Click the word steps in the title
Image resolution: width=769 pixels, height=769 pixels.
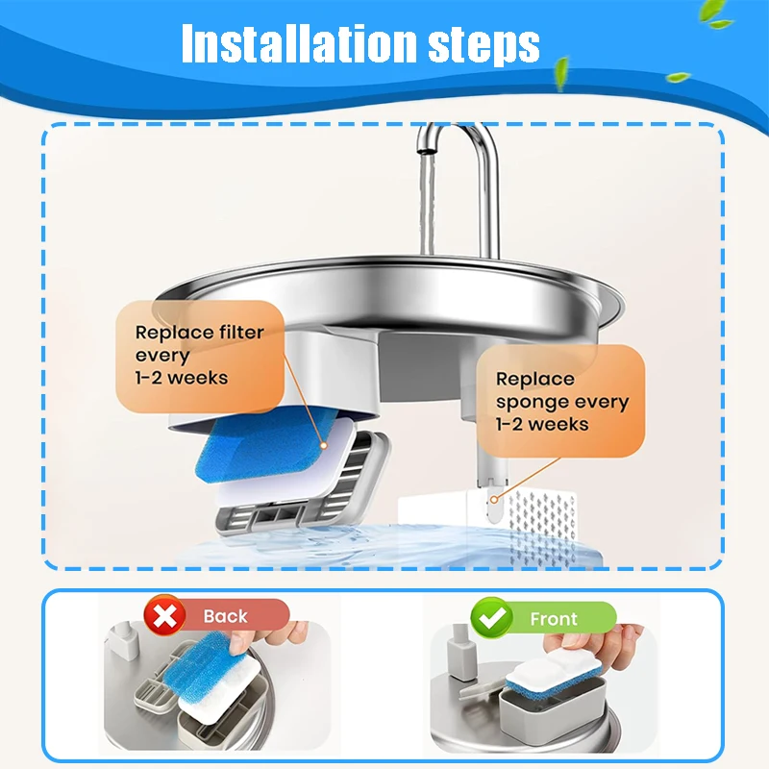point(484,45)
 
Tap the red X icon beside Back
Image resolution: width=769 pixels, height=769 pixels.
point(164,615)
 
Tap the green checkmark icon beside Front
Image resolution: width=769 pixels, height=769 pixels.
point(492,618)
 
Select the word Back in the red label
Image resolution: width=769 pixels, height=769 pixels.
point(225,616)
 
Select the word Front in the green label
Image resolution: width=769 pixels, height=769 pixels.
point(554,619)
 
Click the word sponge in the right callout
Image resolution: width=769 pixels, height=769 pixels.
point(533,403)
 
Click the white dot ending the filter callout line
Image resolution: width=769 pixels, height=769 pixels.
point(324,445)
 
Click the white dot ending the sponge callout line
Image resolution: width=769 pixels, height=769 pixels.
point(494,499)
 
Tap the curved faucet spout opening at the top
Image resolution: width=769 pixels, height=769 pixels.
point(425,146)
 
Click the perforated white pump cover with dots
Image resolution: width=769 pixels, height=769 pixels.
point(542,527)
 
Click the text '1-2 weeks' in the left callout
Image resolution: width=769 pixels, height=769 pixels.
point(182,378)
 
